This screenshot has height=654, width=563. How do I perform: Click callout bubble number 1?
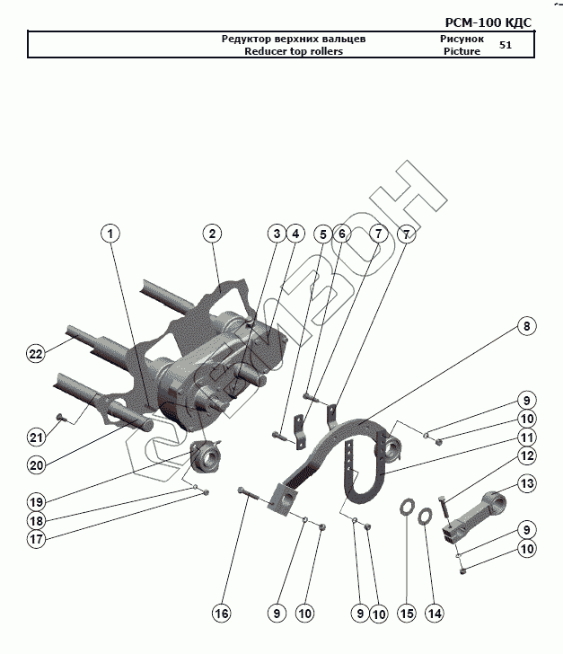110,234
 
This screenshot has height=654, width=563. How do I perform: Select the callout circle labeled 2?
212,234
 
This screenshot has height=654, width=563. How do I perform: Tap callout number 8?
526,326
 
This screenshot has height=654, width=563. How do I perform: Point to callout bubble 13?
526,484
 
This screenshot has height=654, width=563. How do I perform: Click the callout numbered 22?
35,353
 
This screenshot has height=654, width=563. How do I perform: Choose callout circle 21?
35,437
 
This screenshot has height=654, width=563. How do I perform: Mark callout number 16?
221,614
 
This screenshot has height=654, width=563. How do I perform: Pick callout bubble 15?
406,614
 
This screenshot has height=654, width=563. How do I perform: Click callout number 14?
435,614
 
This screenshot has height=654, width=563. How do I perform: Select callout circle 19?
35,500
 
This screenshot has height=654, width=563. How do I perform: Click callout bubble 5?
322,234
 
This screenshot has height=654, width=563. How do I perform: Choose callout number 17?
35,540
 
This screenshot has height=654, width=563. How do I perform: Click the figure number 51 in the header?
506,45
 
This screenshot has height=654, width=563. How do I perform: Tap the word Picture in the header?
462,51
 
